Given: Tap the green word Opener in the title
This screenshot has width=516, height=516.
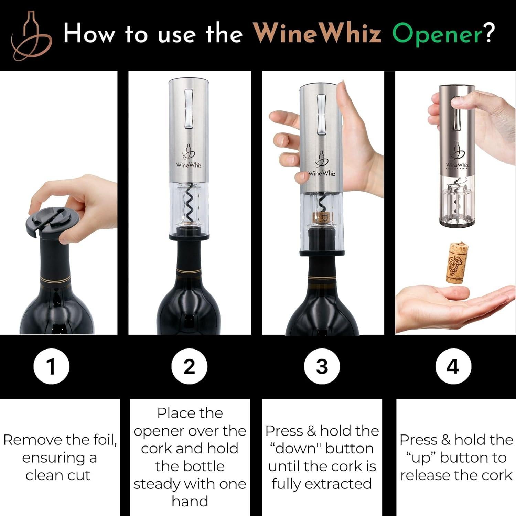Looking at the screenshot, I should pos(437,34).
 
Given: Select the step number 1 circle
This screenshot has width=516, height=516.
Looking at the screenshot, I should pos(51,366).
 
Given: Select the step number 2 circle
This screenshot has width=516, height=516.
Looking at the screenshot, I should pos(189,366).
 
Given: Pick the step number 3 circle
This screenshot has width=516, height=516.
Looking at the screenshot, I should pos(322,366).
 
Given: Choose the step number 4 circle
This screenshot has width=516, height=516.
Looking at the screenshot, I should pos(452,366).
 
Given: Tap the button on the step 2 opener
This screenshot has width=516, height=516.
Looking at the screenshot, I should pos(189,109).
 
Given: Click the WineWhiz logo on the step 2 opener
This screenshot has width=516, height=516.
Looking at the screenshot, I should pos(189,157).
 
